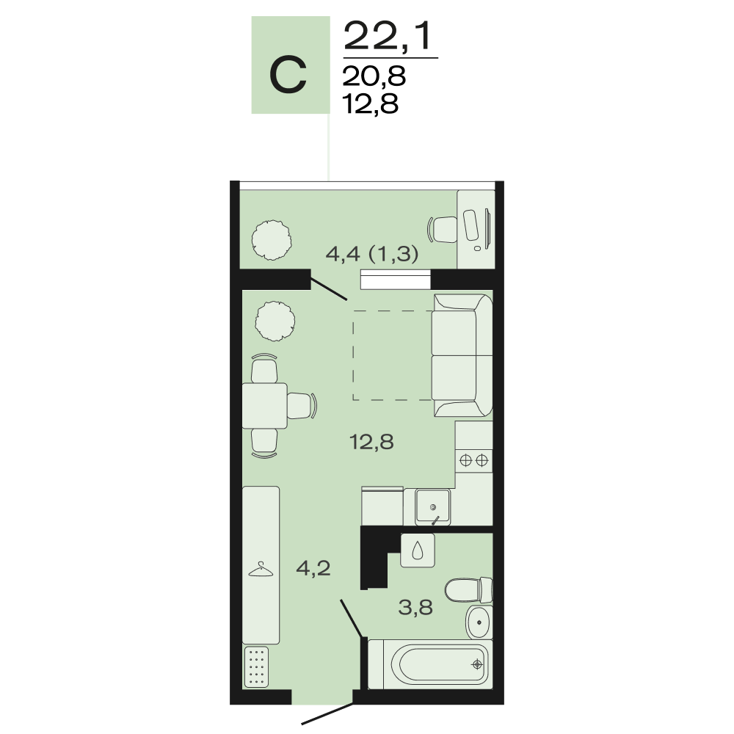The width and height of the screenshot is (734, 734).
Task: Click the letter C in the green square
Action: (x=288, y=74)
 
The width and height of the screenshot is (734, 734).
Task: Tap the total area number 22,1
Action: (x=387, y=36)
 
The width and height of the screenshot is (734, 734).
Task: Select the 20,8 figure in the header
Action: (x=374, y=76)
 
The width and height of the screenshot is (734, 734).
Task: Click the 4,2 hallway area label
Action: (x=313, y=568)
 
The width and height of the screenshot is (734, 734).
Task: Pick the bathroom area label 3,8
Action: (x=415, y=608)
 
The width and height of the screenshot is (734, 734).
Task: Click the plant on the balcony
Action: (x=272, y=240)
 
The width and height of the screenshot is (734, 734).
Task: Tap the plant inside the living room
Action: (x=275, y=321)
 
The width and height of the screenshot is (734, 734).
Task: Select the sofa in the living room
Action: (x=462, y=355)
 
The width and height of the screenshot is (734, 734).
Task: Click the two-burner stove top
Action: (x=473, y=461)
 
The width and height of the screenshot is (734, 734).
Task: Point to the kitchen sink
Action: (x=433, y=507)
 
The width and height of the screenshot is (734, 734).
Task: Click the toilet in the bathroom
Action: (x=468, y=590)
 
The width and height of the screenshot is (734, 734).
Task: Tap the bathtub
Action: (x=431, y=664)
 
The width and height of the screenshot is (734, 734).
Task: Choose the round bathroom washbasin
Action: (x=479, y=622)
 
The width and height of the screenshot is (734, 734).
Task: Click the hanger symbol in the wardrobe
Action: (x=261, y=570)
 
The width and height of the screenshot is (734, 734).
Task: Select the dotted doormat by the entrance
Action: (x=256, y=667)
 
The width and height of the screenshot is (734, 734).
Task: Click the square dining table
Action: (x=264, y=405)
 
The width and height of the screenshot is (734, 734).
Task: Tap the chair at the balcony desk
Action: (x=443, y=229)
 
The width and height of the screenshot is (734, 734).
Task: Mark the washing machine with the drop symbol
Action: (x=418, y=550)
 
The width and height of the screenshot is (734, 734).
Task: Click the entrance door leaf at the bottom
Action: (x=327, y=713)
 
